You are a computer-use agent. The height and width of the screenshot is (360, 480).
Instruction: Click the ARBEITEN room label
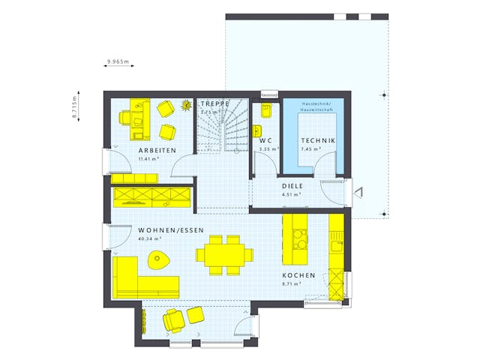click(x=157, y=151)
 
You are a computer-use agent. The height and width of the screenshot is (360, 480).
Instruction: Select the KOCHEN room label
click(x=298, y=276)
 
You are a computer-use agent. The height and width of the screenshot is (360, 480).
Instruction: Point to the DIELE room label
click(x=292, y=185)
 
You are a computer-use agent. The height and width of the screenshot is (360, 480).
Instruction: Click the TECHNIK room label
click(x=318, y=140)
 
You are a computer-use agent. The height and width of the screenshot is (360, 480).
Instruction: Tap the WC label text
click(x=265, y=140)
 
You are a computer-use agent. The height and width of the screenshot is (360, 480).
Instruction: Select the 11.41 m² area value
click(x=148, y=159)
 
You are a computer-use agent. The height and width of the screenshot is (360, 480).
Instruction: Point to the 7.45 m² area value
click(x=310, y=149)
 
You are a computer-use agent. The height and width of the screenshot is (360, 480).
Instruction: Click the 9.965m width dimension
click(x=118, y=60)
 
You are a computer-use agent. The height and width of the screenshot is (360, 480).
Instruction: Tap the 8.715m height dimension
click(x=75, y=107)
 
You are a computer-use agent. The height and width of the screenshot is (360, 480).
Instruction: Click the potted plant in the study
click(x=187, y=104)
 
